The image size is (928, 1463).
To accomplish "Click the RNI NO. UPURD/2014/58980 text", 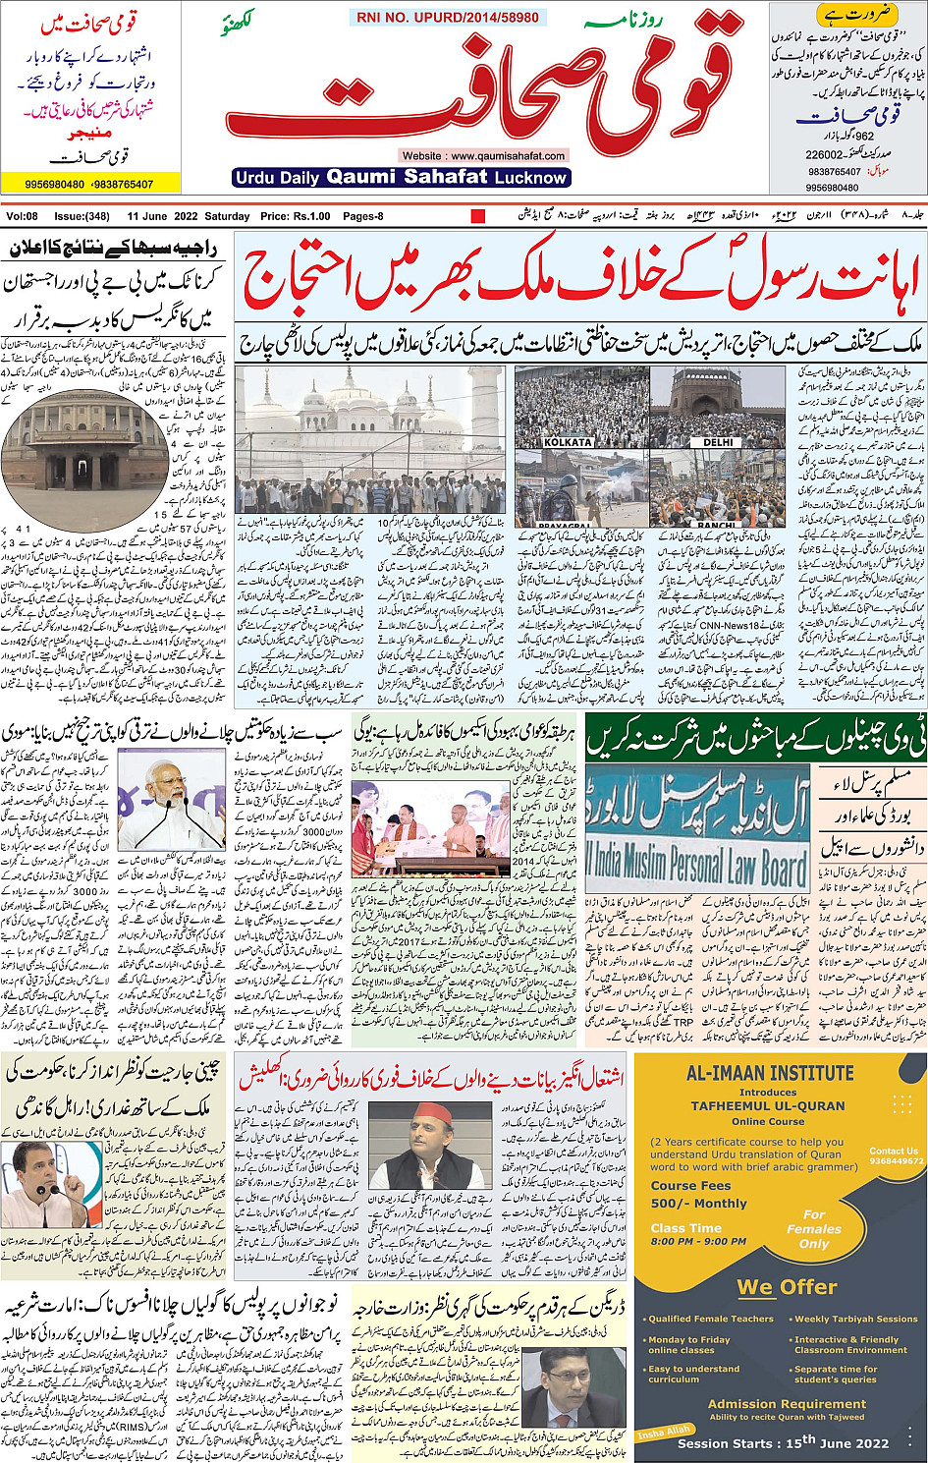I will [x=447, y=18].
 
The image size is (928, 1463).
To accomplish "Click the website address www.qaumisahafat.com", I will [x=483, y=155].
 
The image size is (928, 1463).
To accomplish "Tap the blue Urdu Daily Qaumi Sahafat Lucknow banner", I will [x=402, y=178].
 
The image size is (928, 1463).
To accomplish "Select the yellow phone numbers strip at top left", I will [x=90, y=184].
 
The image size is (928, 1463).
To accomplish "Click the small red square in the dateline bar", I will [x=478, y=216].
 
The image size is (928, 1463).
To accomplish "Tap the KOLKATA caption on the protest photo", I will [x=568, y=442].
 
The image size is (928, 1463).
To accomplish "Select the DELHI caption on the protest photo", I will [x=718, y=442].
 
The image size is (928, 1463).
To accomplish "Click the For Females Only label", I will [x=814, y=1229].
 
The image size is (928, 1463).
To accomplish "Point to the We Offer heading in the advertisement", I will [x=787, y=1287].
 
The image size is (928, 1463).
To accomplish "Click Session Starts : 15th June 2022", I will [x=783, y=1442].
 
